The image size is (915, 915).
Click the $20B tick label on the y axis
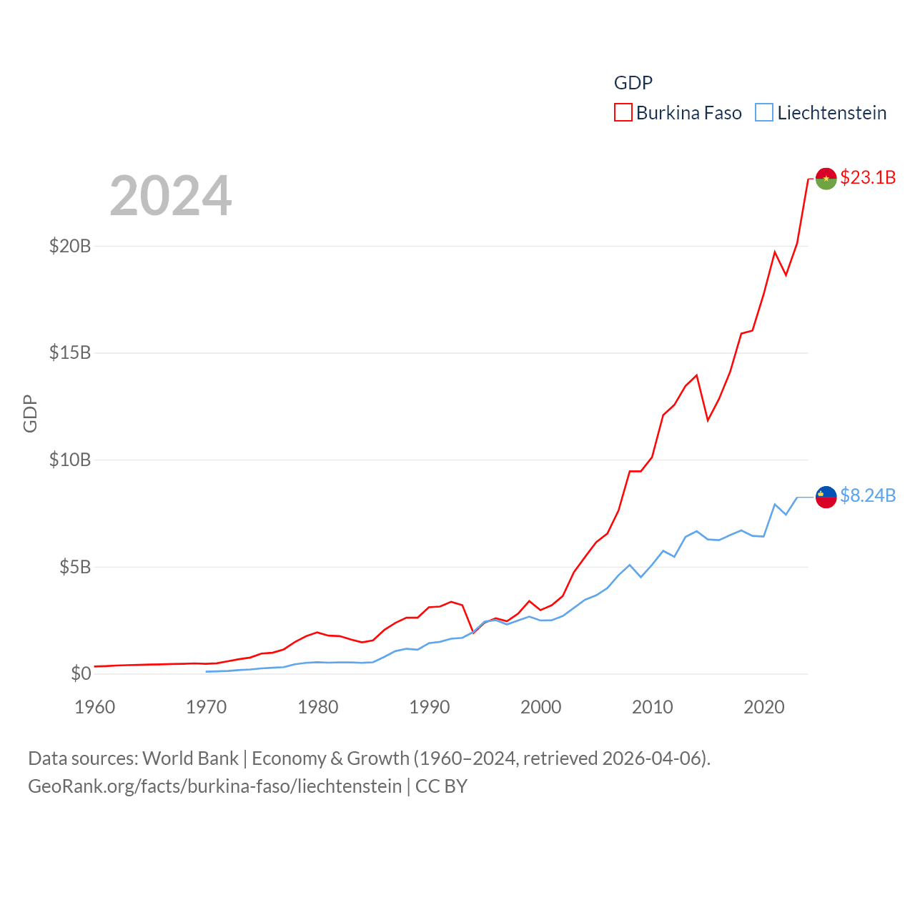coord(70,246)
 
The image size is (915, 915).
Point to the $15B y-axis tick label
coord(70,352)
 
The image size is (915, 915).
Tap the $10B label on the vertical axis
coord(70,460)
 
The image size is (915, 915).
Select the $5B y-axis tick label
coord(75,567)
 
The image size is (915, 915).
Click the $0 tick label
coord(81,673)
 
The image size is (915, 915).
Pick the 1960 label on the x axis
coord(95,707)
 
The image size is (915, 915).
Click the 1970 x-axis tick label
coord(207,707)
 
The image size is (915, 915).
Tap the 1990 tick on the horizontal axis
coord(430,707)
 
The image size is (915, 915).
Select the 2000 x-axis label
coord(541,707)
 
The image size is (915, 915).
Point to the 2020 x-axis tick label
coord(764,707)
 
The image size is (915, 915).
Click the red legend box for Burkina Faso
coord(623,113)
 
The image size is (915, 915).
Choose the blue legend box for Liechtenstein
coord(764,113)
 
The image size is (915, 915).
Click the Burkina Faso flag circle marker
coord(826,179)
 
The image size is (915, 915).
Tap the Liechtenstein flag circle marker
coord(826,497)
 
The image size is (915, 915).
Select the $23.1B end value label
coord(868,177)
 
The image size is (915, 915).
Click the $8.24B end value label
coord(868,495)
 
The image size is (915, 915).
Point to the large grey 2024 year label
coord(171,196)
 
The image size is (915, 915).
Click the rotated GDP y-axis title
coord(30,413)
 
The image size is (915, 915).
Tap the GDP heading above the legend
coord(633,83)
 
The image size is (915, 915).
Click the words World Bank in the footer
coord(191,758)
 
